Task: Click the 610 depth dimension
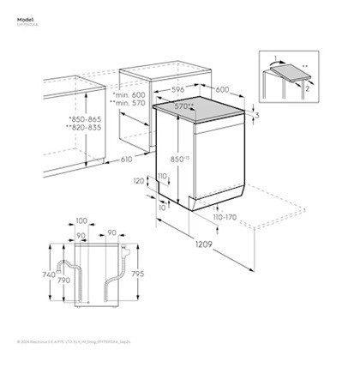click(x=126, y=160)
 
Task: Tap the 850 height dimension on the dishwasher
click(x=178, y=160)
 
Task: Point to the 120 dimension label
click(x=139, y=181)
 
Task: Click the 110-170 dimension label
click(x=225, y=219)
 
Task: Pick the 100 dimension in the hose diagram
click(x=82, y=221)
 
